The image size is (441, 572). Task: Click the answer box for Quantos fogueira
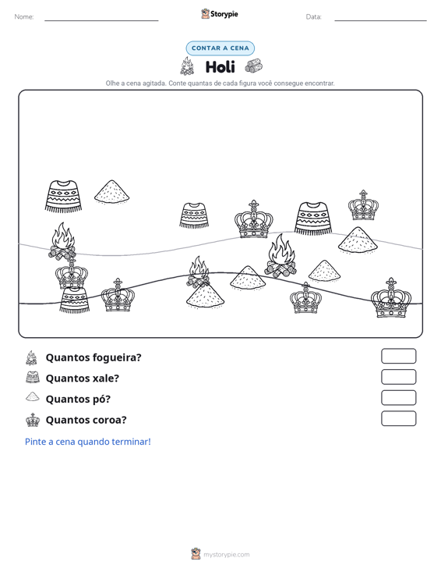pyautogui.click(x=398, y=356)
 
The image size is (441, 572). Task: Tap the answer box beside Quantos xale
pyautogui.click(x=398, y=377)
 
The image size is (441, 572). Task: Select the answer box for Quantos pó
pyautogui.click(x=398, y=398)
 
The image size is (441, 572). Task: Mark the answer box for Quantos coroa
pyautogui.click(x=398, y=418)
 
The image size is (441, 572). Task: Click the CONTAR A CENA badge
pyautogui.click(x=220, y=48)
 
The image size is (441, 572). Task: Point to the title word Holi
pyautogui.click(x=220, y=67)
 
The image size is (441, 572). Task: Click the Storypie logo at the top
pyautogui.click(x=220, y=14)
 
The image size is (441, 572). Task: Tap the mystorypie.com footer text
pyautogui.click(x=226, y=555)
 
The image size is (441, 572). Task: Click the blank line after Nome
pyautogui.click(x=101, y=20)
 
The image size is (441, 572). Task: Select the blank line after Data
pyautogui.click(x=380, y=20)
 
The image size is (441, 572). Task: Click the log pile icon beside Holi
pyautogui.click(x=253, y=66)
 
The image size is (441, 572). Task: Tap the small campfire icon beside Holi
pyautogui.click(x=187, y=66)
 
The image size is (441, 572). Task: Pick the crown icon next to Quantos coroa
pyautogui.click(x=33, y=420)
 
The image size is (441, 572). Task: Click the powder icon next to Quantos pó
pyautogui.click(x=33, y=396)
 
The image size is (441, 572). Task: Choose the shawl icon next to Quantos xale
pyautogui.click(x=33, y=377)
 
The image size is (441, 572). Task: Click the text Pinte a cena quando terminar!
pyautogui.click(x=88, y=442)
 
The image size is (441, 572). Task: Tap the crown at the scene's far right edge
pyautogui.click(x=391, y=297)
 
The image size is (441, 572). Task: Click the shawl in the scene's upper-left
pyautogui.click(x=64, y=197)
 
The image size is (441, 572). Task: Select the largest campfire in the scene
pyautogui.click(x=280, y=256)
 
